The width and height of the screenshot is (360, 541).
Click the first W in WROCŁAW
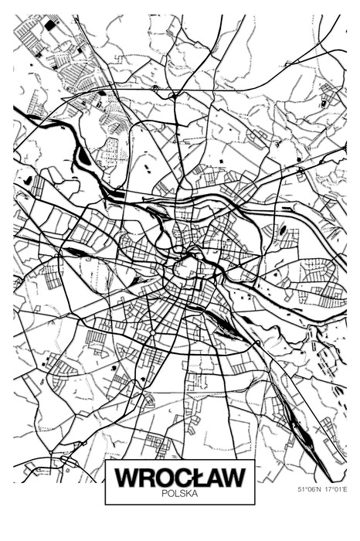pos(127,477)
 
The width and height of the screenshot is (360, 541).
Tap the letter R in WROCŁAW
pos(147,477)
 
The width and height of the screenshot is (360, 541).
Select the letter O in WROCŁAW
pos(165,477)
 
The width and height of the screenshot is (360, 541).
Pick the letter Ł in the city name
pos(199,477)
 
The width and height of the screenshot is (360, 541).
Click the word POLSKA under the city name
pos(180,492)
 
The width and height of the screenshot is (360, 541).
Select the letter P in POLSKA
pos(165,492)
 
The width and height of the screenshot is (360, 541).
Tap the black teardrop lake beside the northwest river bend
pos(83,155)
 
